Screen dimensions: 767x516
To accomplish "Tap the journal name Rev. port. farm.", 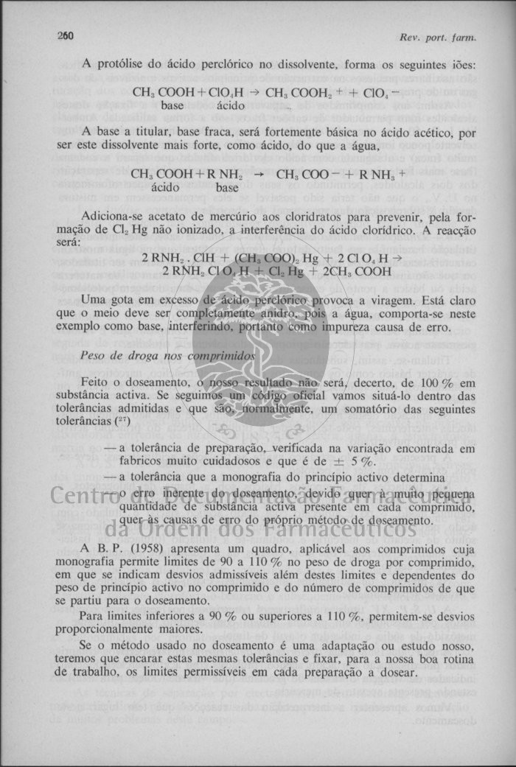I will [x=438, y=37].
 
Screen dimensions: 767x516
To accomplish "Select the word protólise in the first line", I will [x=119, y=64].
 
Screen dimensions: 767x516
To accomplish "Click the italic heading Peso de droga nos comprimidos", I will [x=167, y=355].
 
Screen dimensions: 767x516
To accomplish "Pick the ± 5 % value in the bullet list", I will [x=358, y=462].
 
